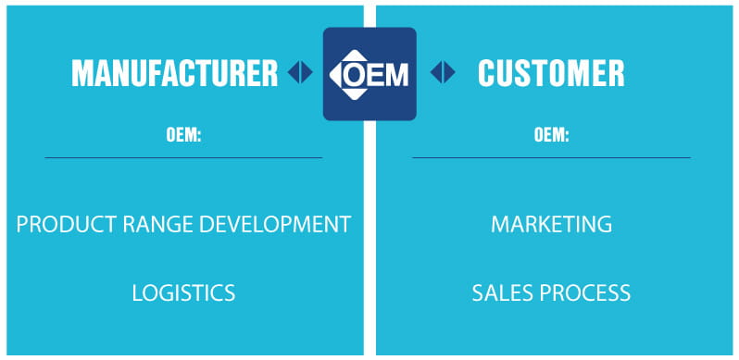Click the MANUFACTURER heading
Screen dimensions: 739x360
click(174, 73)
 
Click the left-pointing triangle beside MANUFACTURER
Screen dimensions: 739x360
click(294, 73)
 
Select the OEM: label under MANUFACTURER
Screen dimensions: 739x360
click(183, 135)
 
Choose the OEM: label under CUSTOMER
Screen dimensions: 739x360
click(551, 135)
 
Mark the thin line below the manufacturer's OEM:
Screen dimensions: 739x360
click(183, 157)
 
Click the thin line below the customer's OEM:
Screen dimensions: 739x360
click(551, 157)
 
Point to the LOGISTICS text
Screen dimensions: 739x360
click(183, 293)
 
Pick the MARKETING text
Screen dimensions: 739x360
click(551, 224)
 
